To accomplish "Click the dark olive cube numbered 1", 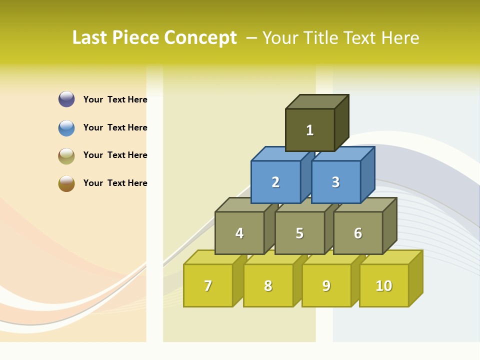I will [x=310, y=130].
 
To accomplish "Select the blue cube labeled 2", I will [x=275, y=182].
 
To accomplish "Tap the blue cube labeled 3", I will [x=335, y=182].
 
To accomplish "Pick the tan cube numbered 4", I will [x=239, y=233].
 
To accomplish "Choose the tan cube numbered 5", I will [x=299, y=233].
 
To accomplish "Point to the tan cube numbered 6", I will [x=358, y=233].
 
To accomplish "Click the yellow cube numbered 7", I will [x=208, y=285].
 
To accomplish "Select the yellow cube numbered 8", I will [x=268, y=285].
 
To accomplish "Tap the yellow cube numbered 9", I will [x=326, y=285].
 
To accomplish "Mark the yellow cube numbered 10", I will [x=383, y=285].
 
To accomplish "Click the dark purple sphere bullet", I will [x=66, y=99].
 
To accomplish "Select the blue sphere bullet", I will [x=66, y=127].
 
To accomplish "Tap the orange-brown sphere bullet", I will [x=66, y=183].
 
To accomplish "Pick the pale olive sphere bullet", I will [x=66, y=155].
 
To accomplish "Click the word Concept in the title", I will [x=200, y=38].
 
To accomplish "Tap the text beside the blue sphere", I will [x=115, y=127].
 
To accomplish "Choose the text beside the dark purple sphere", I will [x=115, y=99].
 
